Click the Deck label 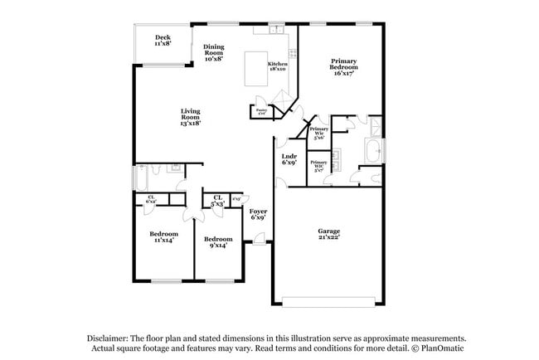tap(163, 40)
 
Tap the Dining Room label tap(213, 53)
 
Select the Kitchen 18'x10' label tap(277, 66)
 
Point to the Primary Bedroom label tap(343, 67)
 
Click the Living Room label tap(191, 117)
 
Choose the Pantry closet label tap(261, 111)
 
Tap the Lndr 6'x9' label tap(289, 159)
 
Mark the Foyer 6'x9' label tap(257, 215)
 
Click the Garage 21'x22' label tap(329, 236)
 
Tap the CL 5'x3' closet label tap(219, 200)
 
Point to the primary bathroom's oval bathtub tap(372, 150)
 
